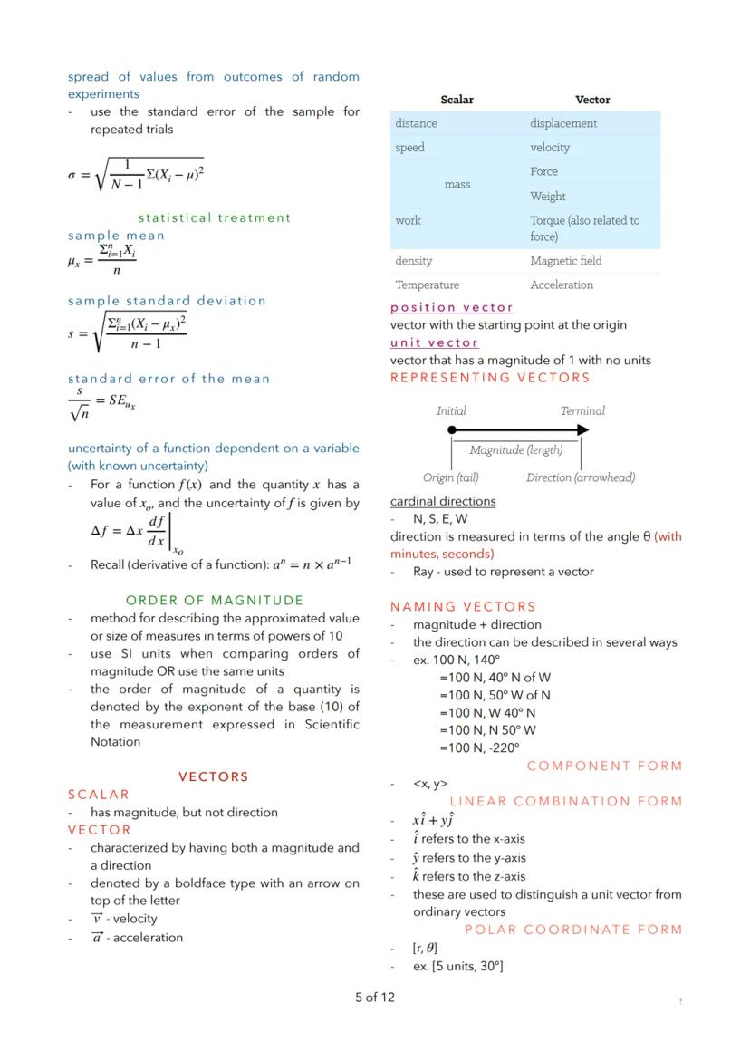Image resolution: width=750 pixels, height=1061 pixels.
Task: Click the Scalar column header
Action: (457, 100)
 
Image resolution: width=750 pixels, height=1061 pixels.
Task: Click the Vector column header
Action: (592, 100)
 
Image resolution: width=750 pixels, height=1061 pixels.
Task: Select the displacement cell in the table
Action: (563, 123)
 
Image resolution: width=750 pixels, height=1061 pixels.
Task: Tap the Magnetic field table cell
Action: (566, 261)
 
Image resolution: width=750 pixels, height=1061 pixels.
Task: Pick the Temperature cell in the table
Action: (427, 285)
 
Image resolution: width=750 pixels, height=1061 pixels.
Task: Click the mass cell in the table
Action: (457, 184)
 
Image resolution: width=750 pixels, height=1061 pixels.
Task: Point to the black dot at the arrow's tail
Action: (452, 430)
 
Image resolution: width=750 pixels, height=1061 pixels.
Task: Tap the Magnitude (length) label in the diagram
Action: (516, 450)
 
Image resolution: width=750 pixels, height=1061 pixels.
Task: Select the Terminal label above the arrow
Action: (582, 410)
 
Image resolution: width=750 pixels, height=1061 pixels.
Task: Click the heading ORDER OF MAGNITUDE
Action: (215, 600)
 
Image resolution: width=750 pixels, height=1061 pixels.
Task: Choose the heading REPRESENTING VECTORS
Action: (490, 378)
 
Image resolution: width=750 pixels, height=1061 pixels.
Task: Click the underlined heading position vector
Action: (452, 308)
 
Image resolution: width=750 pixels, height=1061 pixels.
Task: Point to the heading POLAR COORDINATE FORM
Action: (573, 930)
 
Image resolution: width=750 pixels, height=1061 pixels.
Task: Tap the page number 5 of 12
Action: (375, 998)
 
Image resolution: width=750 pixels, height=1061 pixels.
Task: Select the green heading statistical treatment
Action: (215, 217)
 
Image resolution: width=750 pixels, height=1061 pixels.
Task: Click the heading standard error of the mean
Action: (168, 379)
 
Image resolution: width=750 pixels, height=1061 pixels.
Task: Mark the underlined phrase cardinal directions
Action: (443, 501)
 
